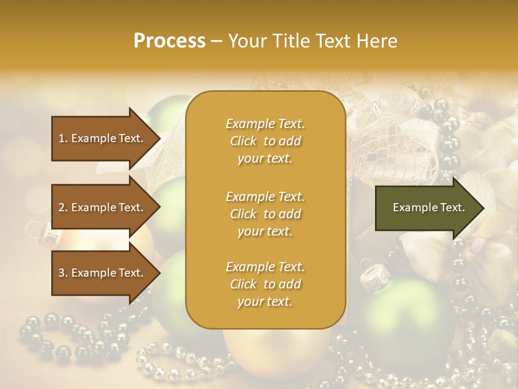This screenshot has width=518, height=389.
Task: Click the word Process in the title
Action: pos(169,41)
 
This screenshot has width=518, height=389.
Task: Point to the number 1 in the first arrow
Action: pos(61,138)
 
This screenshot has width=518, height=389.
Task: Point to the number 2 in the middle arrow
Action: pos(61,207)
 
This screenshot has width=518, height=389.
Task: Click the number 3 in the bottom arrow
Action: pos(61,273)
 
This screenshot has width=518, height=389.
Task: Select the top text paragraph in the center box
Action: pos(265,141)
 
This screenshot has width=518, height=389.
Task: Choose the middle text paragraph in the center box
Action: pos(265,214)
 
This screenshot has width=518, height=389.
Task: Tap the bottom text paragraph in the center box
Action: pos(265,284)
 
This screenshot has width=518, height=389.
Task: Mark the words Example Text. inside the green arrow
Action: pos(428,207)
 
